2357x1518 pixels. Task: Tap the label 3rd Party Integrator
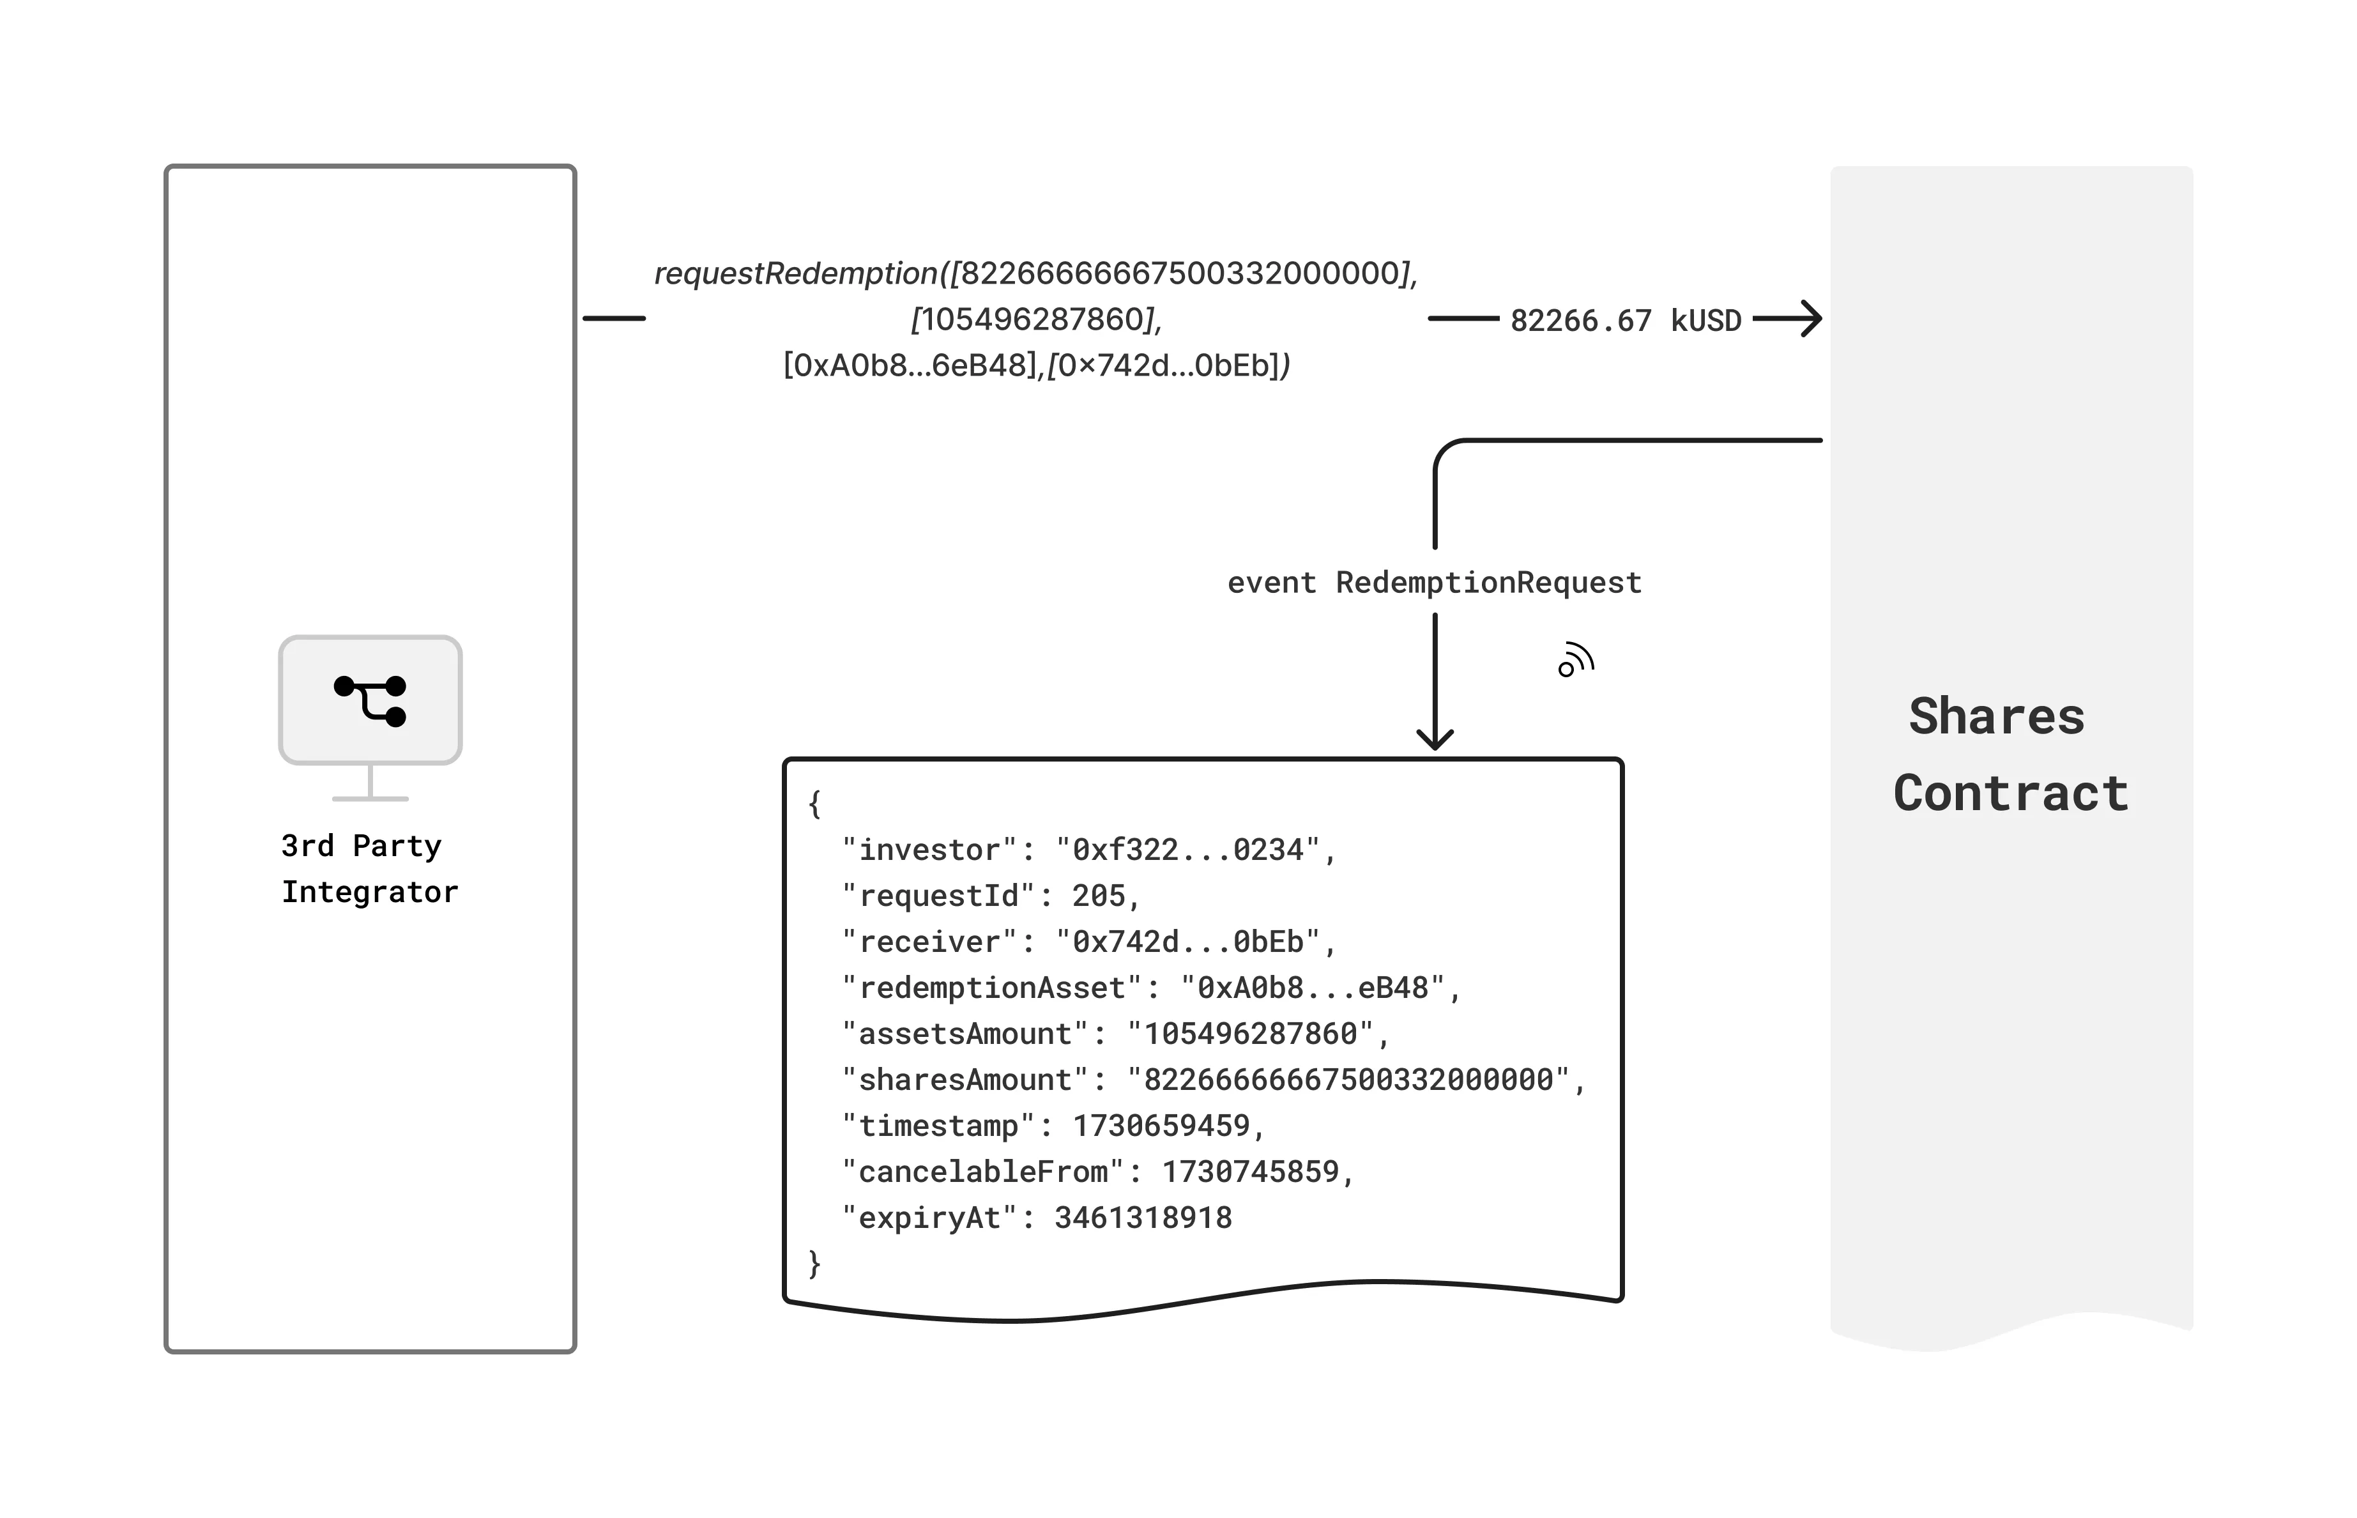369,868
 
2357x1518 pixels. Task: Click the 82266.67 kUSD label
1625,320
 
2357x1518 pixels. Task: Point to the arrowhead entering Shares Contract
1811,318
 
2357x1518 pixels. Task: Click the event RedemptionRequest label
1434,583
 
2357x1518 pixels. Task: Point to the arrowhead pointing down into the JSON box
1435,739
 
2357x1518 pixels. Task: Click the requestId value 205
1098,896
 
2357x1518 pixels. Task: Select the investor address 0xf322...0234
1187,850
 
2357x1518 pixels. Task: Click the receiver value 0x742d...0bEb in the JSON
1187,942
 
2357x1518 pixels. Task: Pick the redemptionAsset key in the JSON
992,988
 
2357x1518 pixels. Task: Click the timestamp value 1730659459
1161,1126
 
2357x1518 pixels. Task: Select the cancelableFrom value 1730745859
1249,1172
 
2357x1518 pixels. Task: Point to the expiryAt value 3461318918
1143,1218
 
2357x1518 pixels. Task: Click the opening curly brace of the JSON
815,803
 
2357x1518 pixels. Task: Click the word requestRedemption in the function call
796,273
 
